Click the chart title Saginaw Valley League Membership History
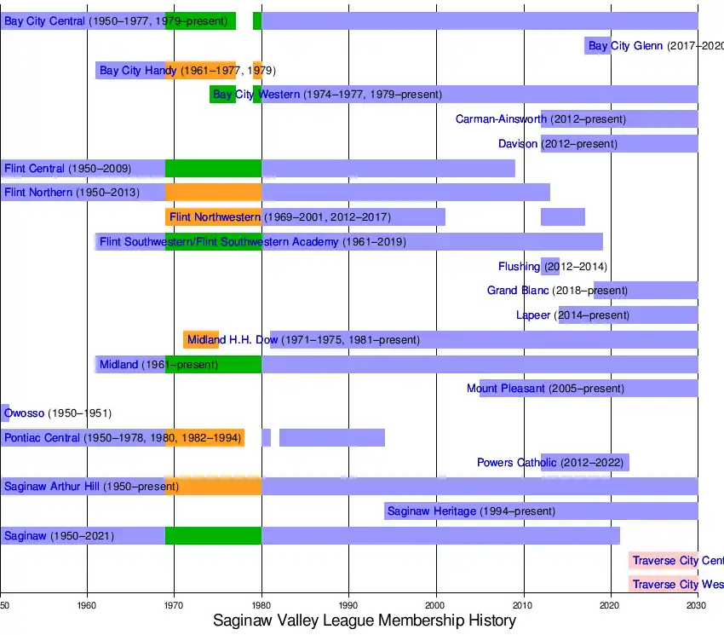[364, 621]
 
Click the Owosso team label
[24, 413]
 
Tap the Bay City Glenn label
[625, 46]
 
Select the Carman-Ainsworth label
[501, 119]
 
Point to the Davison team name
[518, 144]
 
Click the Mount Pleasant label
[505, 389]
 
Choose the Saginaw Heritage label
[431, 511]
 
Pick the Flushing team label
[519, 267]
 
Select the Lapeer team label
[533, 315]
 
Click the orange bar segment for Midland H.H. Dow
[201, 339]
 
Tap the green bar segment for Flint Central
[213, 168]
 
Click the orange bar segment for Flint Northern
[213, 193]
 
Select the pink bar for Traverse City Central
[664, 560]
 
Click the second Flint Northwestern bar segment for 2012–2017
[562, 217]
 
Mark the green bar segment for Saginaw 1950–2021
[213, 536]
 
